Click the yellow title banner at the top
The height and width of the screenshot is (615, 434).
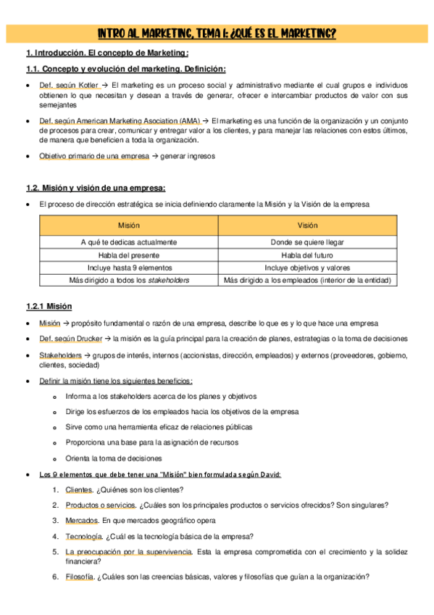pos(217,34)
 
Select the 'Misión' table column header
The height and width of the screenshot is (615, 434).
pos(128,226)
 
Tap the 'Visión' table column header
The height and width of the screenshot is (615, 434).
pos(307,226)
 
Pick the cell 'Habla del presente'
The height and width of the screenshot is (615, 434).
pos(128,255)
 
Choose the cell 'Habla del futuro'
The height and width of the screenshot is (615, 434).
pos(307,255)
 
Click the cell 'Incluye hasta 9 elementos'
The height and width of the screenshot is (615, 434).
pos(128,268)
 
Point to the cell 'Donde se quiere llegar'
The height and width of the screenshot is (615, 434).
pos(307,242)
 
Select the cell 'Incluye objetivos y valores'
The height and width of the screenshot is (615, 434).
pos(307,268)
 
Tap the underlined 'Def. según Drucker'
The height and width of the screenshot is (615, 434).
pos(72,339)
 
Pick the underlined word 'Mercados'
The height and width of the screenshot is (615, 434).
pos(81,521)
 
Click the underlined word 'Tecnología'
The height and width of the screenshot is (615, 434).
pos(83,537)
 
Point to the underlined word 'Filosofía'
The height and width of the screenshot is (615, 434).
pos(80,577)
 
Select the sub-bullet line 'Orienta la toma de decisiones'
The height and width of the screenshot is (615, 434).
pos(114,458)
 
